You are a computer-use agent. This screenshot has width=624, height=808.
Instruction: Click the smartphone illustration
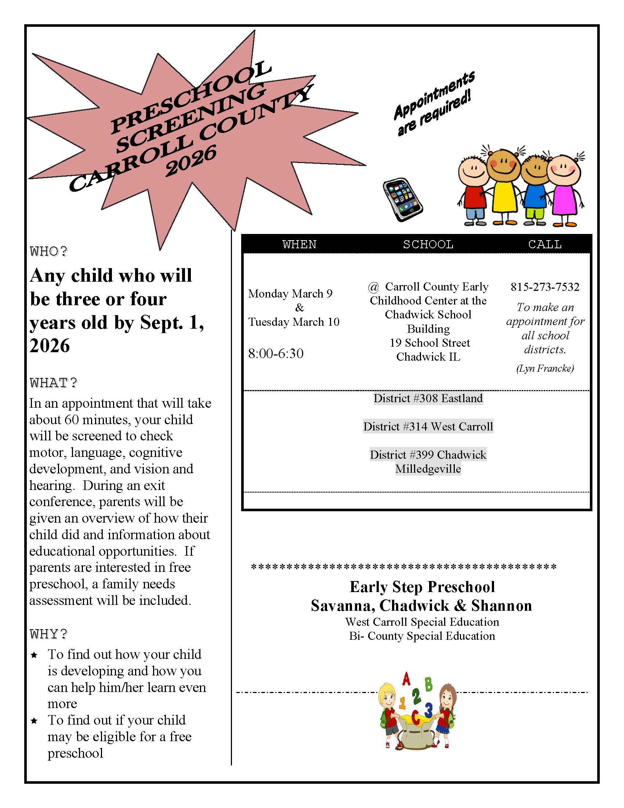pos(403,199)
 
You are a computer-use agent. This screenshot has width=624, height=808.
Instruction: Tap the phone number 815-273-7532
pos(544,287)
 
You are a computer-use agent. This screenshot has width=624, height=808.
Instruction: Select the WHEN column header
pos(300,244)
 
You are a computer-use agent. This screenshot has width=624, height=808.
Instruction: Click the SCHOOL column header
pos(428,244)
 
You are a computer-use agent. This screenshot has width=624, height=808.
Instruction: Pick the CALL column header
pos(544,244)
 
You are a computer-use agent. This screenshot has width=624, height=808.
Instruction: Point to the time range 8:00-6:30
pos(276,353)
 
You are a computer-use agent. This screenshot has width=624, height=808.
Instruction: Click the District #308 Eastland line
pos(428,398)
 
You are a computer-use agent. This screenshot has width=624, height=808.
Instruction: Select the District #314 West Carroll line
pos(428,426)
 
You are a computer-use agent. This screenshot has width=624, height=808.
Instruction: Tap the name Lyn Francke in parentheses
pos(545,368)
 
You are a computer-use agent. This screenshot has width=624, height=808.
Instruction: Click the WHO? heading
pos(49,252)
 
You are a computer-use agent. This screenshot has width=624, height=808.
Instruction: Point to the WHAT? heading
pos(53,383)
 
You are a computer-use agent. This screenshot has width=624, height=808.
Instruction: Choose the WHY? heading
pos(49,634)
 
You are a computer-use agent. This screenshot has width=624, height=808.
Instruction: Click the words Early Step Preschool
pos(422,587)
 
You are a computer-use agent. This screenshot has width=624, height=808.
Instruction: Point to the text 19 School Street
pos(429,343)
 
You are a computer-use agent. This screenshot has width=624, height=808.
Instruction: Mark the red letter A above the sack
pos(406,679)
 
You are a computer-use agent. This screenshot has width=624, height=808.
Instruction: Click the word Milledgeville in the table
pos(428,469)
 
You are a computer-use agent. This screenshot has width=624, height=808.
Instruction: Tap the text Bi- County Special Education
pos(422,636)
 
